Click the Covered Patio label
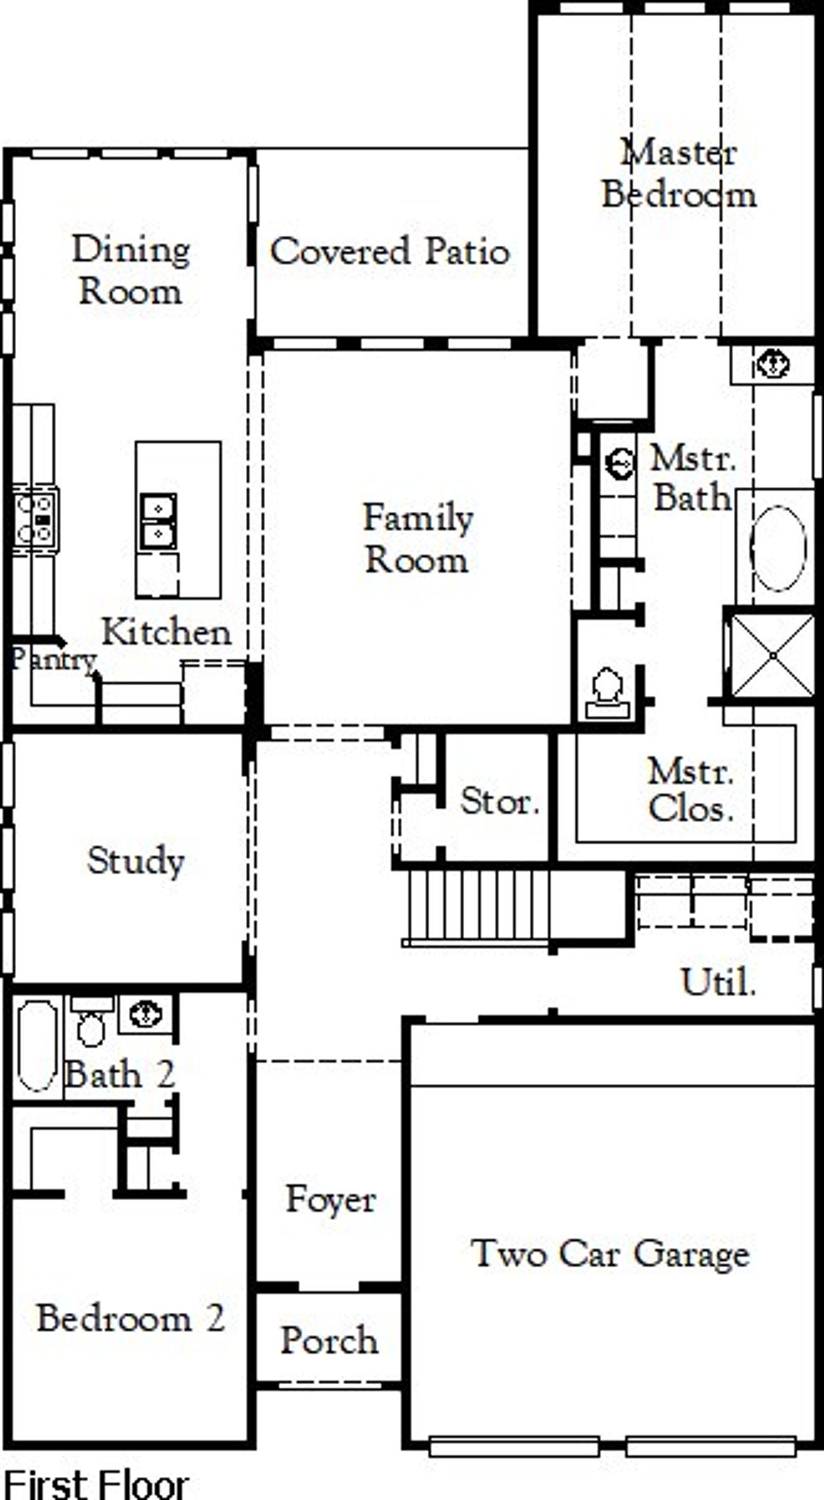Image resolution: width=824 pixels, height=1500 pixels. [x=389, y=251]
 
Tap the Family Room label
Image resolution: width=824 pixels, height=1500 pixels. [x=417, y=538]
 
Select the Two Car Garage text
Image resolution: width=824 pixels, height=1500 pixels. [x=610, y=1253]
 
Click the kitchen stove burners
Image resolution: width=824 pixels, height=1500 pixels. [x=34, y=519]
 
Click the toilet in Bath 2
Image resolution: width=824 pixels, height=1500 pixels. [x=91, y=1024]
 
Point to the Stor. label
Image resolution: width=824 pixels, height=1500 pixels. [x=500, y=802]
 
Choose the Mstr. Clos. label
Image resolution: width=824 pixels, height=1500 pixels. [x=691, y=790]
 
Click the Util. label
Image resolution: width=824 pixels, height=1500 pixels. [x=718, y=982]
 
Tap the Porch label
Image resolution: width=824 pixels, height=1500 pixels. [x=329, y=1340]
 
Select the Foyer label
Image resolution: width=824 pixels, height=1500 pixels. [x=330, y=1200]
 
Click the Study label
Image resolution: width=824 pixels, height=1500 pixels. [x=136, y=861]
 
